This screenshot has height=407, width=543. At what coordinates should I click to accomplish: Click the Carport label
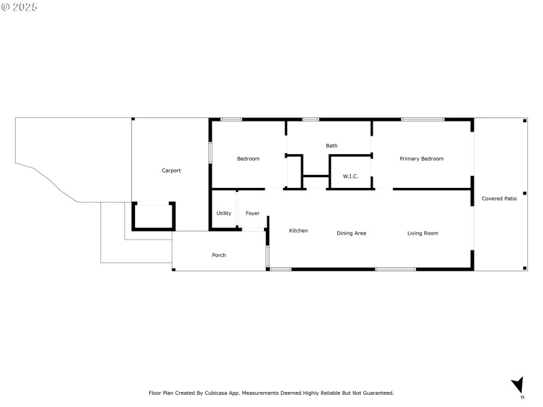pos(171,170)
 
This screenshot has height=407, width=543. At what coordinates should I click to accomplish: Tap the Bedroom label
pos(248,159)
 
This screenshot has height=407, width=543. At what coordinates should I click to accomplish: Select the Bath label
pos(331,145)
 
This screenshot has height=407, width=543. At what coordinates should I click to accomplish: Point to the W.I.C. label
pos(350,176)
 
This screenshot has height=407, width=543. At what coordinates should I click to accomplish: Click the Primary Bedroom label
pos(422,159)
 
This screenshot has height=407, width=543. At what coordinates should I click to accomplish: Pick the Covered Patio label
pos(499,198)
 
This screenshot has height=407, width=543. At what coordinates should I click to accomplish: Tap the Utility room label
pos(223,213)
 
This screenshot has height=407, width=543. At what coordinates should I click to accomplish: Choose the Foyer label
pos(252,213)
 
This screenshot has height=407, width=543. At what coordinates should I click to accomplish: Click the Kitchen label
pos(298,231)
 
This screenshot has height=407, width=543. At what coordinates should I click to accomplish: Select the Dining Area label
pos(351,233)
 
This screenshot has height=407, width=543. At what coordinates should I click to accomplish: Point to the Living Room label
pos(422,233)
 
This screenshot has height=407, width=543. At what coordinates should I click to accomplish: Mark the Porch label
pos(219,255)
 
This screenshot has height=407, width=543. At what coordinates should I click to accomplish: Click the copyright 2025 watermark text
pos(20,7)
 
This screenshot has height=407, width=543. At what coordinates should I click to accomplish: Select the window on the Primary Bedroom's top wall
pos(422,120)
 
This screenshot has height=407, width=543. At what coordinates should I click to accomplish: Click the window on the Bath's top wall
pos(310,120)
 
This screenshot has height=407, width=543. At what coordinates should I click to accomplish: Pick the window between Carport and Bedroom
pos(210,152)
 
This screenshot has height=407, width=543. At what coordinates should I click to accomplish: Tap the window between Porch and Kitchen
pos(267,256)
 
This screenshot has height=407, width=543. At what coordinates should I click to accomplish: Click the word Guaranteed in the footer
pos(376,393)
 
